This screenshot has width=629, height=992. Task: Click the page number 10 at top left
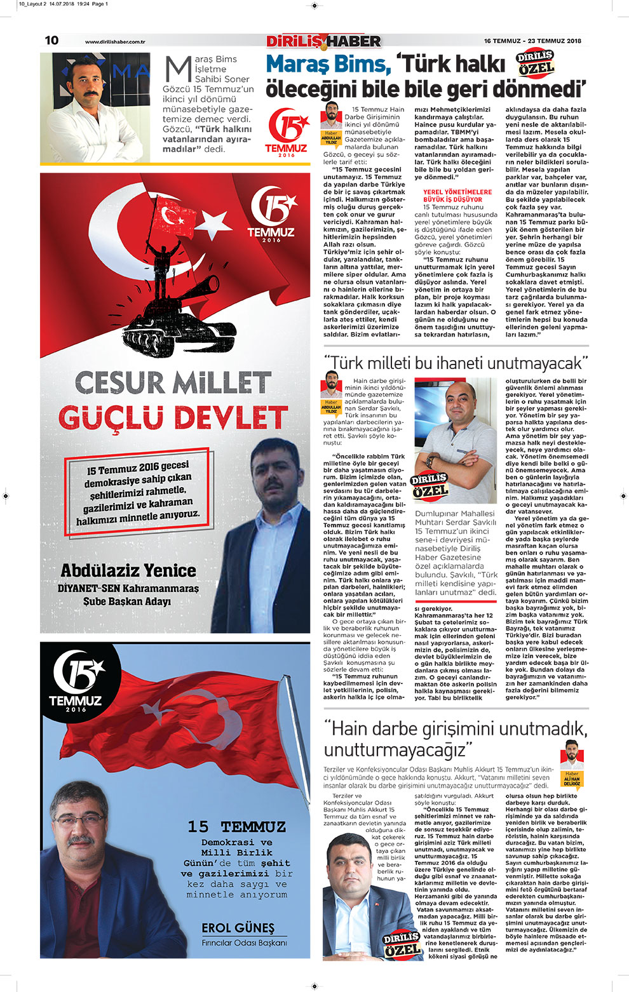click(51, 40)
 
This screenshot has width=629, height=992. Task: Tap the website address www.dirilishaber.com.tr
click(115, 42)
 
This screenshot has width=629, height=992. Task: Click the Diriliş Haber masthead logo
click(323, 41)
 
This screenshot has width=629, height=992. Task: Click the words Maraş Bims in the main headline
click(328, 64)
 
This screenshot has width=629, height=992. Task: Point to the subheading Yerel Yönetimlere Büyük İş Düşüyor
click(457, 196)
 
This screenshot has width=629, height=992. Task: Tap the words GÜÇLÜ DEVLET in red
click(173, 417)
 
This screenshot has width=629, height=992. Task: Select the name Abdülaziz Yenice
click(128, 570)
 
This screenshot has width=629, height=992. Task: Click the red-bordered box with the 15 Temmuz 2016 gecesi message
click(139, 492)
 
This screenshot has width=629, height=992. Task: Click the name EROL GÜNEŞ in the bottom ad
click(238, 928)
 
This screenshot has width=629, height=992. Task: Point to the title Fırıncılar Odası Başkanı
click(244, 942)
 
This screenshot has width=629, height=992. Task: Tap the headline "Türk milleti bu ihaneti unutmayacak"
click(456, 363)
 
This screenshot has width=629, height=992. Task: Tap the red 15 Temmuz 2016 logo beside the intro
click(286, 132)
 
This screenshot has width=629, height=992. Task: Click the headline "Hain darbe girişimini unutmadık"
click(456, 739)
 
